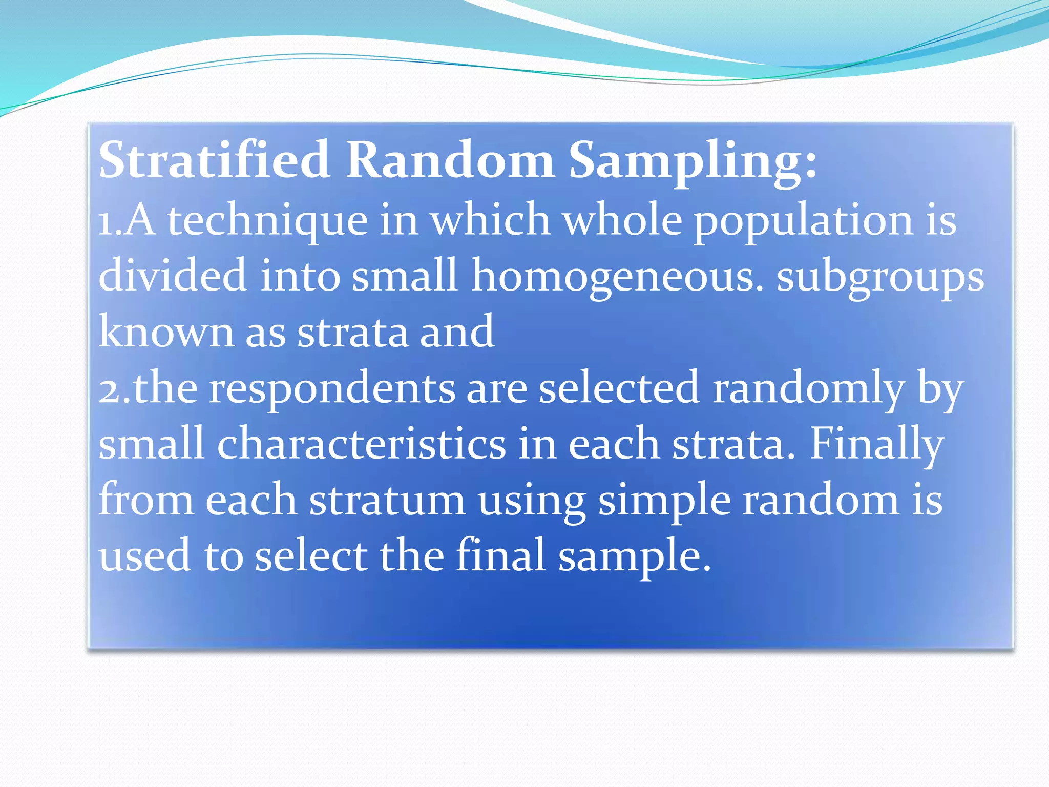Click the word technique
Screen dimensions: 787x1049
coord(267,221)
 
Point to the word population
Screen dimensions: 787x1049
coord(803,221)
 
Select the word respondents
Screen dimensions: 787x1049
coord(332,388)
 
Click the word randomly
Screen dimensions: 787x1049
coord(808,388)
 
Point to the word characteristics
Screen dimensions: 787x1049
coord(361,444)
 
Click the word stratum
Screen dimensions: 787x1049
coord(387,500)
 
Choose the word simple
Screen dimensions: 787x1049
coord(664,500)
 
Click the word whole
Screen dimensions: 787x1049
coord(622,221)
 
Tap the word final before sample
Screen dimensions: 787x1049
coord(500,556)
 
